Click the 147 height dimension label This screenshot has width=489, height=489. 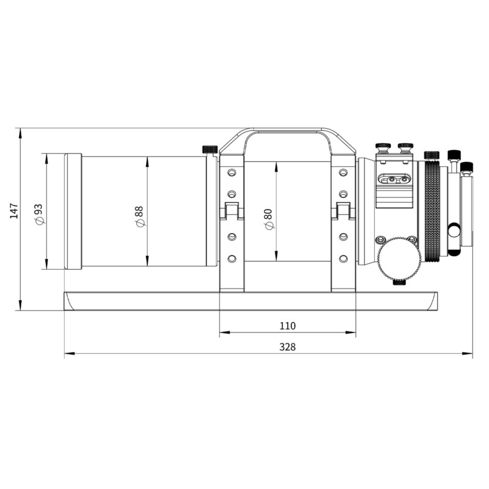(x=13, y=211)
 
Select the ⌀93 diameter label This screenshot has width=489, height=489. (x=39, y=211)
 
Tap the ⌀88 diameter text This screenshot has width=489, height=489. (x=139, y=215)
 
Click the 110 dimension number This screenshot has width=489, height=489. (x=287, y=326)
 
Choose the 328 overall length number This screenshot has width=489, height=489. (x=287, y=347)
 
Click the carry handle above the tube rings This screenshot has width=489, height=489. (x=287, y=131)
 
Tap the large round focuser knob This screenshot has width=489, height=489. (x=399, y=259)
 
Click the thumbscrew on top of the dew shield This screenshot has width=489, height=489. (x=210, y=149)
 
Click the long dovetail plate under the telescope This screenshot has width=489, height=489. (x=251, y=301)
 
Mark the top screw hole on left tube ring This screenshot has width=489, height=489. (x=231, y=173)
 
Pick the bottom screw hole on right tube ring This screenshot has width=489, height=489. (x=343, y=259)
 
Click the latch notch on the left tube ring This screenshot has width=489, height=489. (x=231, y=211)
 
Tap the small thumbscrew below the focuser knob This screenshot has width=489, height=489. (x=399, y=281)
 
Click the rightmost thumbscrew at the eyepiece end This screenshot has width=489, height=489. (x=467, y=166)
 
